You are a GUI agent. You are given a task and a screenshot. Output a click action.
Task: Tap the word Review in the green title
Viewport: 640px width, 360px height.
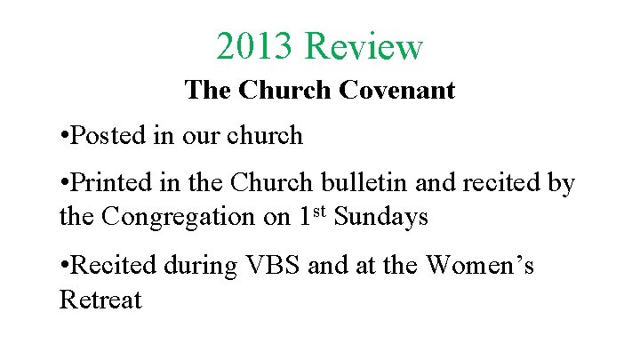(364, 46)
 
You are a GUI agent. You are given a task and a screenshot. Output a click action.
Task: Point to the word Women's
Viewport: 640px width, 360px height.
(481, 264)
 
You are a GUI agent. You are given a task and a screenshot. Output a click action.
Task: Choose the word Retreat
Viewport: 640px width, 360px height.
(100, 300)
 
